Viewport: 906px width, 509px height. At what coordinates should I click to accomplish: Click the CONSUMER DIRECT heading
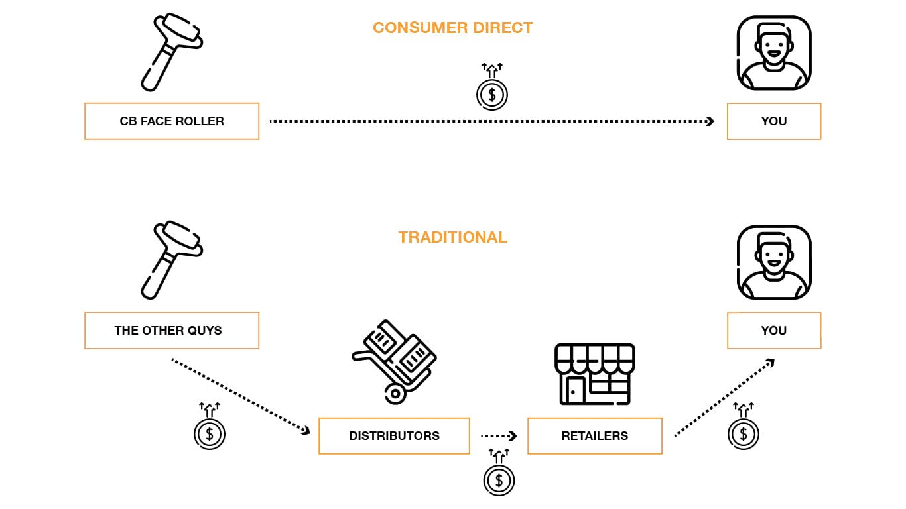tap(452, 28)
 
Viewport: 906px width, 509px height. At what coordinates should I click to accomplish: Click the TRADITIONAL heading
tap(452, 237)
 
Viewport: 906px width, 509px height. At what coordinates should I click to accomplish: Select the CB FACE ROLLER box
tap(172, 121)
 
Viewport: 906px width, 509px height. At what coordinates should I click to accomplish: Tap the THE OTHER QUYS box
tap(172, 331)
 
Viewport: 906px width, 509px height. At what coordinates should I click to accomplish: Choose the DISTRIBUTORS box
tap(394, 436)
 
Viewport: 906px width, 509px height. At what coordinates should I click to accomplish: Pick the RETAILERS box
tap(594, 436)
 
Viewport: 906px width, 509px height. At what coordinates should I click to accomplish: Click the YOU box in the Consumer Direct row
tap(773, 121)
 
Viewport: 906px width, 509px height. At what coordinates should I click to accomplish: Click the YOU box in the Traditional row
tap(773, 331)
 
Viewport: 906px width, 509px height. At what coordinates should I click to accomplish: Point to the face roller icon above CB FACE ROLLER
tap(170, 52)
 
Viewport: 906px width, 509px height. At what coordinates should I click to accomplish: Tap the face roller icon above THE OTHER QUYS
tap(170, 260)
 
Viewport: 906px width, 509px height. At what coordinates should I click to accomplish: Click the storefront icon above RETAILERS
tap(594, 374)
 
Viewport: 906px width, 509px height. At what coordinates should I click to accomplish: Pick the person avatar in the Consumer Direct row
tap(773, 53)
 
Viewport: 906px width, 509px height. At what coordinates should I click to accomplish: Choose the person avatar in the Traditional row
tap(773, 262)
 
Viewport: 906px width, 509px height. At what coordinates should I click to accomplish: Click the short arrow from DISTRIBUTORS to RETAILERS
tap(499, 436)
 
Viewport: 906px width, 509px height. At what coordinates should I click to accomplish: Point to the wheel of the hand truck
tap(395, 393)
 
